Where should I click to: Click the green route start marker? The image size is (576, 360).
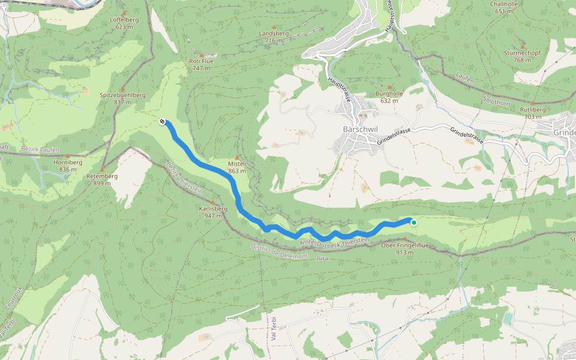(x=413, y=223)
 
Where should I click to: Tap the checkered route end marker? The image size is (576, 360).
(x=162, y=122)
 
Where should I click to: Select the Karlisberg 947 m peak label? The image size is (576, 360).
(x=213, y=212)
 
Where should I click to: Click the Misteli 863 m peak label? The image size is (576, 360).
(x=238, y=167)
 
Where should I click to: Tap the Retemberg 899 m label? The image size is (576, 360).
(x=102, y=179)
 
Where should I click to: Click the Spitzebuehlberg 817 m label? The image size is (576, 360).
(x=123, y=98)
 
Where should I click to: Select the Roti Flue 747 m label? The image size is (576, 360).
(x=201, y=64)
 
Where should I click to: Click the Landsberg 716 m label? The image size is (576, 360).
(x=274, y=37)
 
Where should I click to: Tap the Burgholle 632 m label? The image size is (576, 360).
(x=389, y=97)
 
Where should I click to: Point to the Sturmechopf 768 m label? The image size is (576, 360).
(x=522, y=56)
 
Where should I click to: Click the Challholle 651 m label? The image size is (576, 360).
(x=503, y=7)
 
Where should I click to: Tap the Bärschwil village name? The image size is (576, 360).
(x=359, y=129)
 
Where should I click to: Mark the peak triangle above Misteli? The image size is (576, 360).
(x=237, y=158)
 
